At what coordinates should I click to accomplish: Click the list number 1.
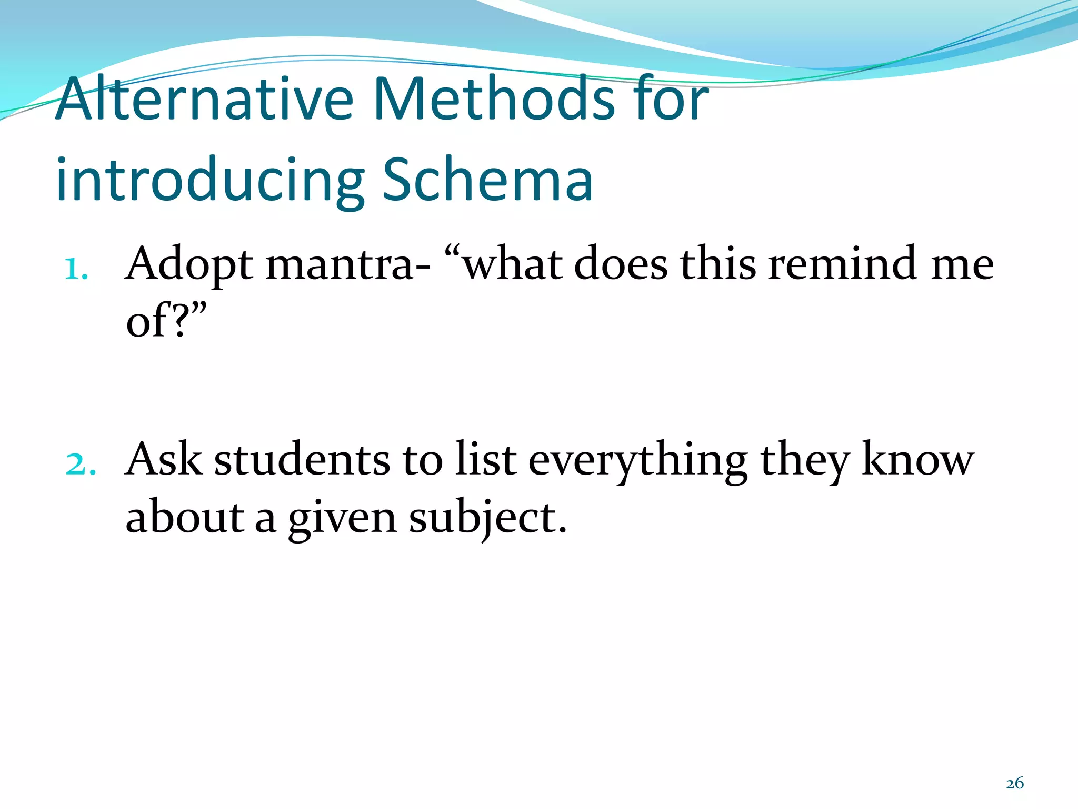[75, 270]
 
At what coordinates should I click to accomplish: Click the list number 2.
[81, 465]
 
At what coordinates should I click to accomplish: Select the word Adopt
[189, 264]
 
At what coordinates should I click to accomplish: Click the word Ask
[164, 459]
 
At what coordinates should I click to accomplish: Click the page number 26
[1015, 783]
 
